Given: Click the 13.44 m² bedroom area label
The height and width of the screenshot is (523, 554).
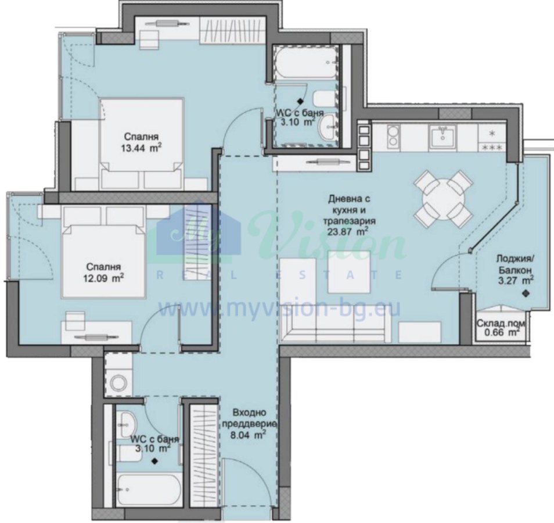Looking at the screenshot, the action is (141, 142).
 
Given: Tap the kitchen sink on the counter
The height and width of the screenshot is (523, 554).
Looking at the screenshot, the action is (442, 137).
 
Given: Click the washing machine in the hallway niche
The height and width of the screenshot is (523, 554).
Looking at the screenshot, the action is (118, 382).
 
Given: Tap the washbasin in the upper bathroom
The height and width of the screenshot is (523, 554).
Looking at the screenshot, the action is (328, 127).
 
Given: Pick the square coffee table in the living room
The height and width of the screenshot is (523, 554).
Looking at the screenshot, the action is (349, 272).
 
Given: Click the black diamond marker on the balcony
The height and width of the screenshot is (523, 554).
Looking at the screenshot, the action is (526, 293).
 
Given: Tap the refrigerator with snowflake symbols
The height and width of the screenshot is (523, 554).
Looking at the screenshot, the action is (492, 139).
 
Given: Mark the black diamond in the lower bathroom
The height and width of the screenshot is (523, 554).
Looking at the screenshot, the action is (154, 461).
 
